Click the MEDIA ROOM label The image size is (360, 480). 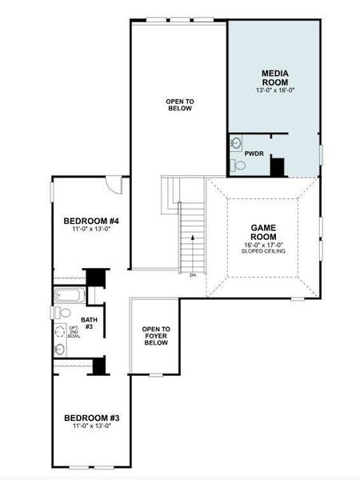point(274,78)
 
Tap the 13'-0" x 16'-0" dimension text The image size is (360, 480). point(274,90)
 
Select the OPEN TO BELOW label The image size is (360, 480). point(179,106)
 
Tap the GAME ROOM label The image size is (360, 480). point(263,232)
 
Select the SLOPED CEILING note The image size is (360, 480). point(263,252)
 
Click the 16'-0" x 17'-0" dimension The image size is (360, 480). point(263,245)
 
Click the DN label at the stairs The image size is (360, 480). point(193,275)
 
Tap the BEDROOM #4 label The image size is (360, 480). point(91,221)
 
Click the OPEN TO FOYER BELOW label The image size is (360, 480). point(155,336)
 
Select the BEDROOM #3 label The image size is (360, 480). point(91,418)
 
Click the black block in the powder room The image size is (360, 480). point(277,168)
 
